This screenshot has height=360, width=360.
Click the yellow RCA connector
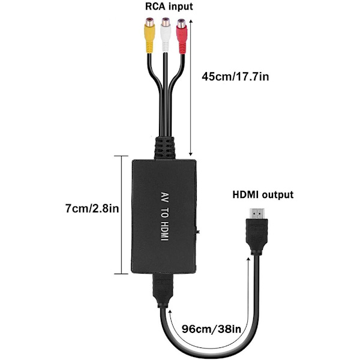pos(149,35)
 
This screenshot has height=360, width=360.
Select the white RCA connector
pos(166,35)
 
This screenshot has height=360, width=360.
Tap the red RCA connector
pos(182,36)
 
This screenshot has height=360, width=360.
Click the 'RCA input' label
pos(169,7)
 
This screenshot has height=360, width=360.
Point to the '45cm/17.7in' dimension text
pos(235,76)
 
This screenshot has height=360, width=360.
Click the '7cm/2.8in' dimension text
pos(92,209)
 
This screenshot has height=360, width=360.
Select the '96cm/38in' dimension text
pos(211,329)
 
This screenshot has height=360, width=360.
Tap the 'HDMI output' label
pos(263,194)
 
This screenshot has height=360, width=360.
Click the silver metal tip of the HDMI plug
pos(257,214)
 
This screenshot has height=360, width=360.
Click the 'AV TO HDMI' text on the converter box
pos(165,217)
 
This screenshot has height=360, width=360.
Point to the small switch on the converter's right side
pos(197,231)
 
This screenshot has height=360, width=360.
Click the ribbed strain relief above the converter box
pos(164,148)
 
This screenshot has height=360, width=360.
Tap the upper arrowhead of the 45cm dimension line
pos(191,22)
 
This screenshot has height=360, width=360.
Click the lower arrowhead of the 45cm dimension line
pos(190,154)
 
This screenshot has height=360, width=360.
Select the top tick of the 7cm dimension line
pos(121,156)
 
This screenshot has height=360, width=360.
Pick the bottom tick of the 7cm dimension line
pos(121,274)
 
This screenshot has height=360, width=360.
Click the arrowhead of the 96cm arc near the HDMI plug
pos(248,260)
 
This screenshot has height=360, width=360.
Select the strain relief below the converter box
pos(163,290)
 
